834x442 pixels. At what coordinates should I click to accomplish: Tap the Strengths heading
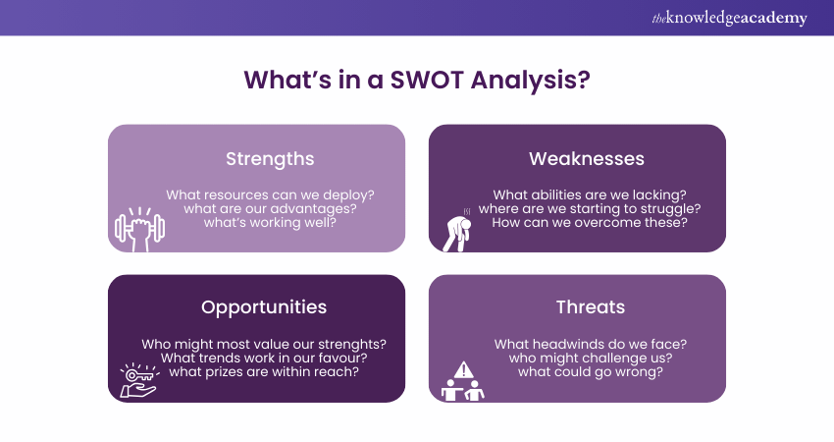[270, 158]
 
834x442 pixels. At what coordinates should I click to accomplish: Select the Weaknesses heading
[586, 158]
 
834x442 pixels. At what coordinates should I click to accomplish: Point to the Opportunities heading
[264, 306]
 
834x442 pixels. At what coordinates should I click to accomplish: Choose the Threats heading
[590, 306]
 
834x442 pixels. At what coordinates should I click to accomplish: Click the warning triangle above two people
[465, 367]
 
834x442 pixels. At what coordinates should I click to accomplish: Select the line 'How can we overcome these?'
[590, 222]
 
